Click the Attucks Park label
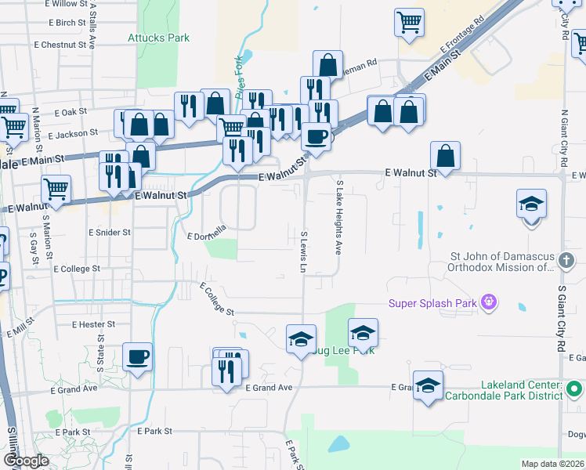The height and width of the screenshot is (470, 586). [x=158, y=38]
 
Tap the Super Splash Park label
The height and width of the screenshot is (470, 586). [x=435, y=302]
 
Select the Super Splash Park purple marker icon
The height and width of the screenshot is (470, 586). [x=490, y=301]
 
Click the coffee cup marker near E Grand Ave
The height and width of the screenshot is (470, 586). [x=138, y=357]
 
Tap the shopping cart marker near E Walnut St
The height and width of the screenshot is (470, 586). [x=56, y=189]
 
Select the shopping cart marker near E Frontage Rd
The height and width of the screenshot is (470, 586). [x=409, y=23]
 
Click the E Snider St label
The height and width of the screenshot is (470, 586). [x=109, y=233]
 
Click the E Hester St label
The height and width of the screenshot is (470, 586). [x=93, y=324]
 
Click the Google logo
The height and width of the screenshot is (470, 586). [x=25, y=461]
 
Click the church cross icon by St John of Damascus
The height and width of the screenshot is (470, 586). [x=569, y=259]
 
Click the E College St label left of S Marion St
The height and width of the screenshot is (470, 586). [x=77, y=269]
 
